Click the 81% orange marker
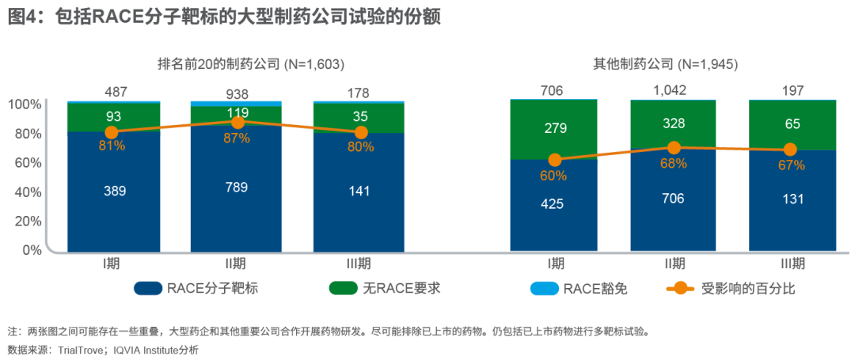[112, 133]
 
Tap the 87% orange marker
[237, 122]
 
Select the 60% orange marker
[554, 160]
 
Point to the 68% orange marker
[674, 148]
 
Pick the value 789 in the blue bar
[237, 187]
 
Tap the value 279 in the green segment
[552, 127]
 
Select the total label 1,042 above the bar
[674, 91]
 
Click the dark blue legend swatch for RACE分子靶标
[148, 288]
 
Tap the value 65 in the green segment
[793, 124]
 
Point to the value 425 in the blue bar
[552, 204]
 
